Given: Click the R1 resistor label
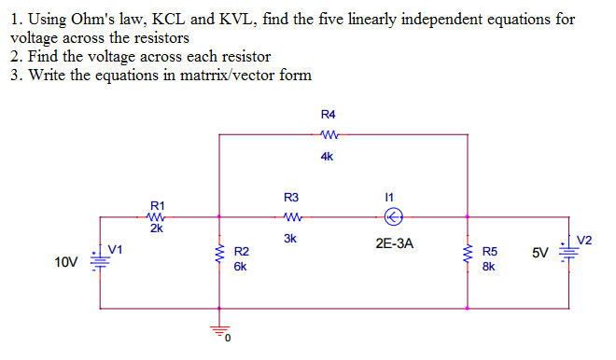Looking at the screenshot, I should (158, 204).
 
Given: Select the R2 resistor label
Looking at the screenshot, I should (241, 252).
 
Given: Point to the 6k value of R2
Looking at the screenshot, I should (241, 266).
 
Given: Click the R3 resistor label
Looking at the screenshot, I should (290, 197).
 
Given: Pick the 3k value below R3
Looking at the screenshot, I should (290, 238).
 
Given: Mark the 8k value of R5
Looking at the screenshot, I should (489, 266).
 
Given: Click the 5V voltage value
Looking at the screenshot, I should (540, 253).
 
